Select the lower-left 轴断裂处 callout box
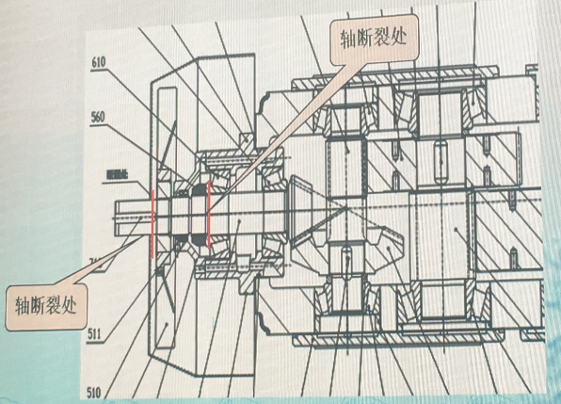(x=51, y=307)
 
